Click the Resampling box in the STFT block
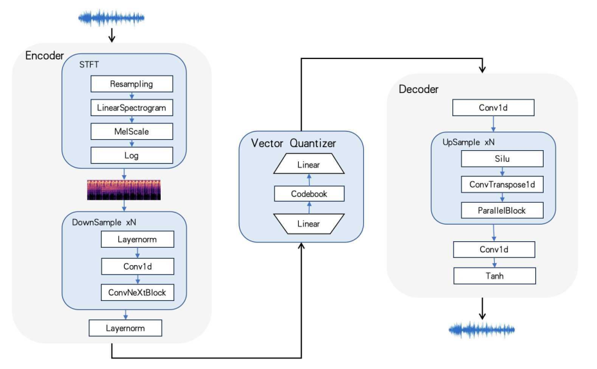[132, 84]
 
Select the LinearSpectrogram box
[132, 108]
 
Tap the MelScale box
[132, 132]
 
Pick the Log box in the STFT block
[132, 155]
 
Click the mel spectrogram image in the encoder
[124, 189]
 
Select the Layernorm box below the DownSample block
[125, 328]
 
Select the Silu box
[503, 159]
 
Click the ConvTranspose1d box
[503, 184]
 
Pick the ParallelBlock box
[503, 210]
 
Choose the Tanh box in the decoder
[494, 276]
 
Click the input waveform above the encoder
[112, 17]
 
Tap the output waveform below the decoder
[482, 330]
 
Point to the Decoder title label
[418, 89]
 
